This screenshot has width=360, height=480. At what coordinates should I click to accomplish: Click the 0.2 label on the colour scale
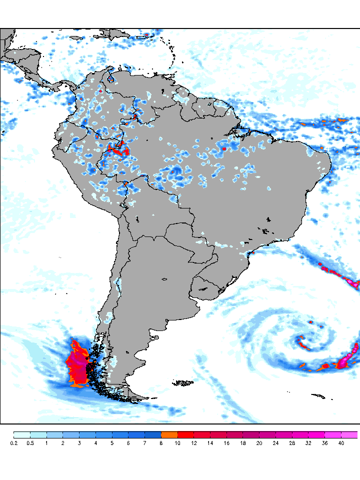[x=13, y=443]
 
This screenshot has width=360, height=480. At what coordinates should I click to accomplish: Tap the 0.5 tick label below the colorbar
[x=30, y=443]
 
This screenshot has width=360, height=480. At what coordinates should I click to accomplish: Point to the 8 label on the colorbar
[x=161, y=443]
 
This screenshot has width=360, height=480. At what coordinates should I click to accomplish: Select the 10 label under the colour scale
[x=177, y=443]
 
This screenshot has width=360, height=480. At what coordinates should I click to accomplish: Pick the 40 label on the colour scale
[x=341, y=443]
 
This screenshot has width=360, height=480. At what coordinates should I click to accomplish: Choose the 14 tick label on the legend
[x=210, y=443]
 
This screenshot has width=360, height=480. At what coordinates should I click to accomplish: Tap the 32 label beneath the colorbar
[x=308, y=443]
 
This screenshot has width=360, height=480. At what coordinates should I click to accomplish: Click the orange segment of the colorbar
[x=169, y=434]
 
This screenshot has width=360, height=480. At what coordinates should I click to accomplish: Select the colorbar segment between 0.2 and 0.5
[x=22, y=434]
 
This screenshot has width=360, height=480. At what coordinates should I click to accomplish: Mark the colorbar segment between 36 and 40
[x=333, y=434]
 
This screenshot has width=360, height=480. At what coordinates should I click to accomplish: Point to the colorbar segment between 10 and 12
[x=185, y=434]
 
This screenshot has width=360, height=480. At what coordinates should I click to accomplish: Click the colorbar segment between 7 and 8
[x=153, y=434]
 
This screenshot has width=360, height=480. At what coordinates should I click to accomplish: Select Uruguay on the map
[x=206, y=288]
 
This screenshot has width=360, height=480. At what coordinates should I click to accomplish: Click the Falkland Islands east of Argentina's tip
[x=183, y=383]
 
